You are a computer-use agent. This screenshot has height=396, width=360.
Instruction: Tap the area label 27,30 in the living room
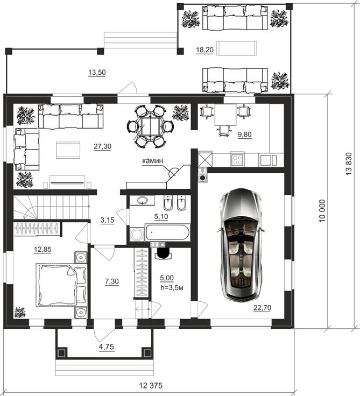tap(102, 146)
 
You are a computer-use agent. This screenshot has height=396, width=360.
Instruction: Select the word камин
tap(153, 161)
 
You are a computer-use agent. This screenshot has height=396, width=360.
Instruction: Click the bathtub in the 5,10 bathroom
tap(167, 232)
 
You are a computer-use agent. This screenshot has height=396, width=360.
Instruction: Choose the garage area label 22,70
tap(263, 308)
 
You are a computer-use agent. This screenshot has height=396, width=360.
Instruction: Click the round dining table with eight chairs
tap(151, 126)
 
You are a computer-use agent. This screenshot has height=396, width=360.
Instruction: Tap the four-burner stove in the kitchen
tap(237, 159)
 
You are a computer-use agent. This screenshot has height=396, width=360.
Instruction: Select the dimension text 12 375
tap(151, 386)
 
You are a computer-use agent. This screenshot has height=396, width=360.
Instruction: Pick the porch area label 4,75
tap(106, 347)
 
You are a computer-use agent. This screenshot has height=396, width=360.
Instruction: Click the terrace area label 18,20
tap(204, 50)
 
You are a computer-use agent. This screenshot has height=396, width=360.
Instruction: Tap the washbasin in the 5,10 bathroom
tap(142, 201)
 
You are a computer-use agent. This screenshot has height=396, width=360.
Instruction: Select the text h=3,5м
tap(172, 287)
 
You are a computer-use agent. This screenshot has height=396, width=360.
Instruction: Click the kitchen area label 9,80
tap(244, 135)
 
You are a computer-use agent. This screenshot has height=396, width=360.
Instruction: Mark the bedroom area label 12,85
tap(43, 250)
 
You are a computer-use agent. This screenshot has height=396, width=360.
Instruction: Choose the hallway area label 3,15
tap(108, 220)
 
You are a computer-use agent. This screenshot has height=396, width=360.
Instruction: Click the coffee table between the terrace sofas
tap(238, 48)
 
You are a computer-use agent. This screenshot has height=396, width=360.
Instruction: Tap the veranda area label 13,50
tap(97, 73)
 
